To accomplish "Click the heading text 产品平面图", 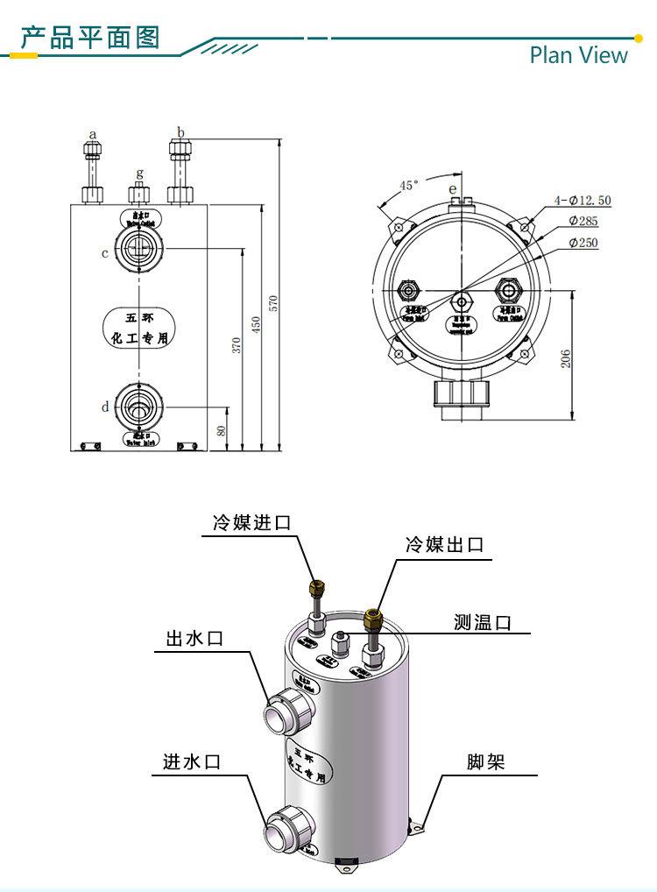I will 90,38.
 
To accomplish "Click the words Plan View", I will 578,55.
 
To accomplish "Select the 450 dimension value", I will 255,325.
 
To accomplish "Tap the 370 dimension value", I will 236,345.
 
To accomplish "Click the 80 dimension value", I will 221,429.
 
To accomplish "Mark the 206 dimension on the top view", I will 566,358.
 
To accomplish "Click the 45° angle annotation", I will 409,185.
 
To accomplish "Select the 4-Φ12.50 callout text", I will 583,201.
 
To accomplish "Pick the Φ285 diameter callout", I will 583,222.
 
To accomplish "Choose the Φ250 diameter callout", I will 583,243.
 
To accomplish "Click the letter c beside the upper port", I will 104,253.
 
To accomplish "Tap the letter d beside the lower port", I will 104,407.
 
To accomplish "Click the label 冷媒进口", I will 251,523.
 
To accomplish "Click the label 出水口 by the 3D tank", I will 194,638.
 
